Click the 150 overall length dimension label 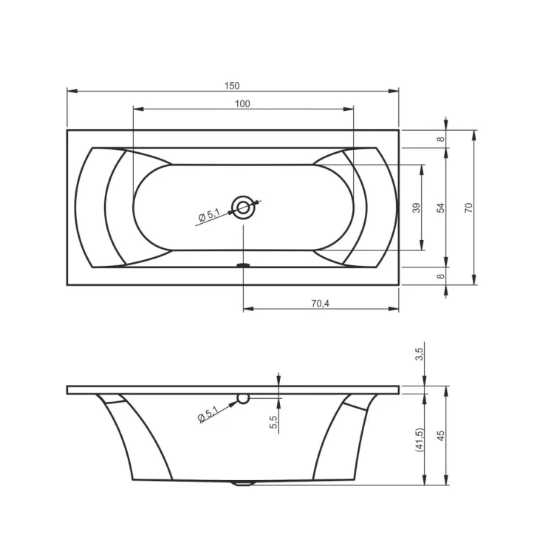[232, 85]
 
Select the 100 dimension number [242, 103]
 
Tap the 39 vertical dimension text [416, 208]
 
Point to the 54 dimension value [441, 208]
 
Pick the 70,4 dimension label [320, 302]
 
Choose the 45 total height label [441, 436]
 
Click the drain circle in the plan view [243, 208]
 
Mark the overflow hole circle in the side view [243, 400]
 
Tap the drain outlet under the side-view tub [243, 485]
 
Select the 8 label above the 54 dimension [441, 139]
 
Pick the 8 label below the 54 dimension [441, 276]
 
